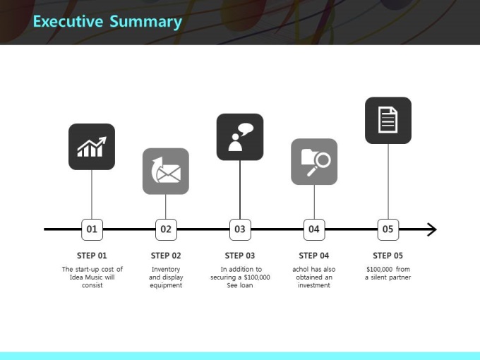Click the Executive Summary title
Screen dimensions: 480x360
coord(107,22)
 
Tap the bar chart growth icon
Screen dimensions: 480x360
coord(92,147)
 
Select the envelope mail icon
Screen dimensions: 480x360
coord(166,171)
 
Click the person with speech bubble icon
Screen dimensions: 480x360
coord(240,137)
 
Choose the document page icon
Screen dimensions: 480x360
coord(388,120)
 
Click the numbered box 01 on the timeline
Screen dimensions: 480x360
coord(92,229)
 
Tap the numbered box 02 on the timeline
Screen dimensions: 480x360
coord(166,229)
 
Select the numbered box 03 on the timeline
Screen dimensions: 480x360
coord(240,229)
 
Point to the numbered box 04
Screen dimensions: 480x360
coord(314,229)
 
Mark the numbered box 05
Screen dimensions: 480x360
coord(388,229)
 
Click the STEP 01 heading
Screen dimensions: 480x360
coord(92,256)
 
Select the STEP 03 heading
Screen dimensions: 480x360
coord(240,256)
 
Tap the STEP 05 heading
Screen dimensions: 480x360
coord(388,256)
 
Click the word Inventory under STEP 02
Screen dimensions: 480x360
coord(166,270)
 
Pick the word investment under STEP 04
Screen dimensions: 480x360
coord(314,285)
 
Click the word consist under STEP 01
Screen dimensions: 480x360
coord(92,285)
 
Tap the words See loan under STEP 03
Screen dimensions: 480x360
coord(240,285)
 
